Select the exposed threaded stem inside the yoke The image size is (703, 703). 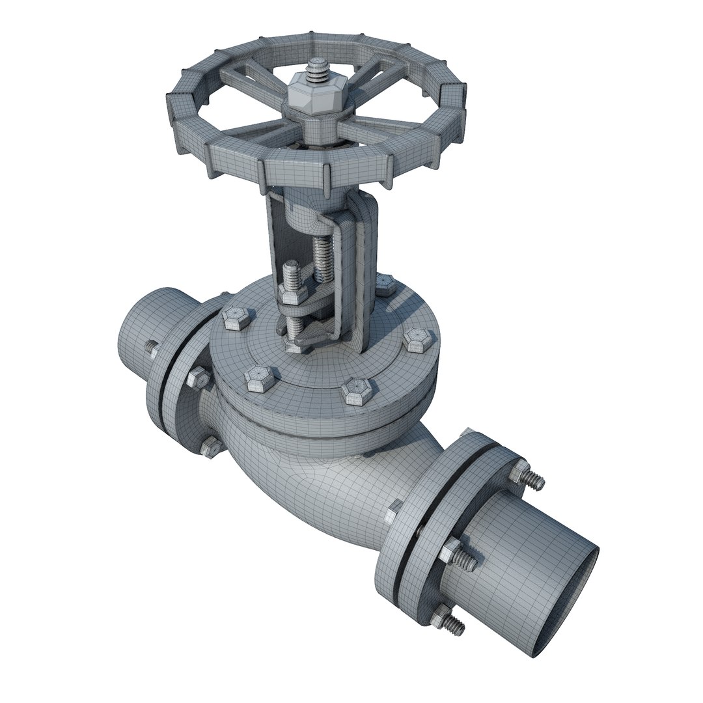point(324,257)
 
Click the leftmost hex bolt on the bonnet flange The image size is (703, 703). point(234,318)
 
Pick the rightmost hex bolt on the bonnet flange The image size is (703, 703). point(417,339)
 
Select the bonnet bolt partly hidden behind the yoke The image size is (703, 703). point(385,284)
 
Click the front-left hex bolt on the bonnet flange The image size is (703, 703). point(260,378)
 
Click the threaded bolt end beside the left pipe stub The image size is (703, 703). point(151,350)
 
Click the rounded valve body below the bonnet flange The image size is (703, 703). point(312,482)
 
